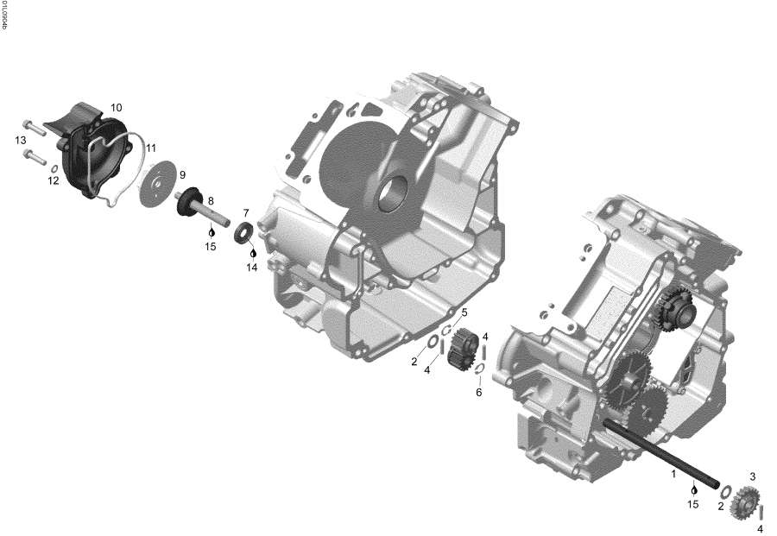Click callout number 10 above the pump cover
(116, 108)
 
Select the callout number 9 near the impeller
(182, 174)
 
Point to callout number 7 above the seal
(246, 212)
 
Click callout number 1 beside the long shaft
(673, 474)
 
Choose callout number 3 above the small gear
(752, 476)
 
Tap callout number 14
(252, 268)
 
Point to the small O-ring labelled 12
(54, 168)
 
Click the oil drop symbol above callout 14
(252, 253)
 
